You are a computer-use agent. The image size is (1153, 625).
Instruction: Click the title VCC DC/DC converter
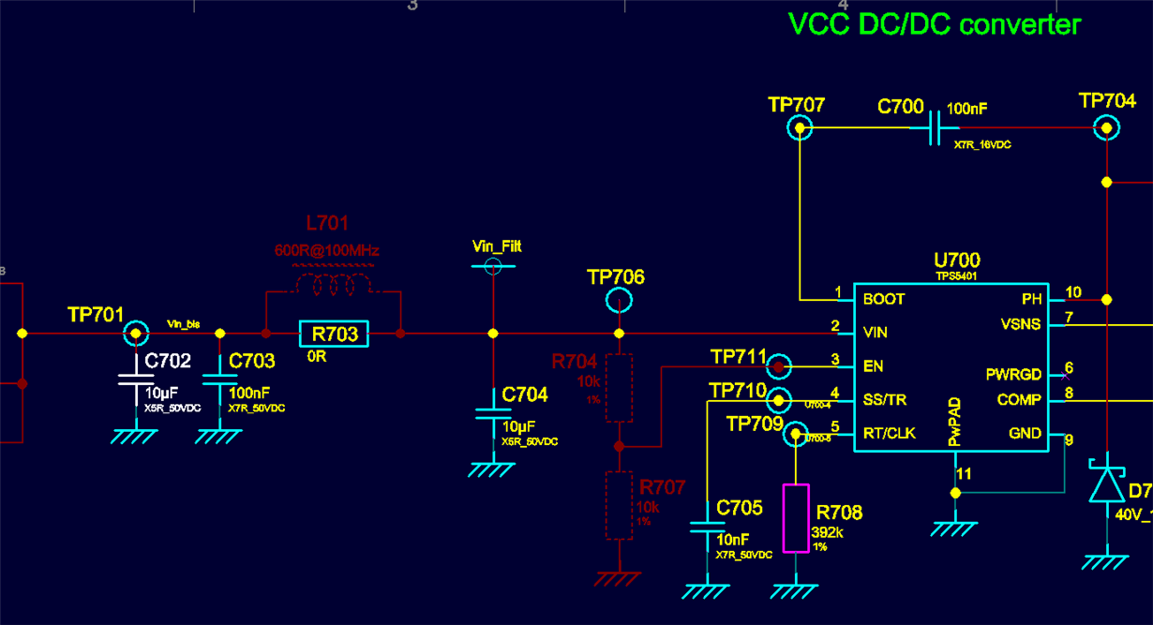click(x=935, y=24)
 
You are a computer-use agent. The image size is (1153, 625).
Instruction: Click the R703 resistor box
click(x=335, y=334)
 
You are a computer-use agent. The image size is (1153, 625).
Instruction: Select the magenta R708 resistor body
click(x=796, y=518)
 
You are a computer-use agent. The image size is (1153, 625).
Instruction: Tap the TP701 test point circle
click(x=136, y=333)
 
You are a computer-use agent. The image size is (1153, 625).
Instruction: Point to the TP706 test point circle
click(x=619, y=300)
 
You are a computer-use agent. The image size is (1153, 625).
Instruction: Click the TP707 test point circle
click(x=799, y=127)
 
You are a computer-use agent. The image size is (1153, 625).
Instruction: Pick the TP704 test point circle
click(x=1107, y=127)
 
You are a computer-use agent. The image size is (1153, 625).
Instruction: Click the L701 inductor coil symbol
click(x=333, y=283)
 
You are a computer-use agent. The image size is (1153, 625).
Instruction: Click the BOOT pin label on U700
click(x=884, y=299)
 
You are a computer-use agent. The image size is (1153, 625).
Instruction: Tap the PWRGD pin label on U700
click(x=1013, y=374)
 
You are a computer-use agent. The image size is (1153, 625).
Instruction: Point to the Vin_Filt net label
click(x=497, y=246)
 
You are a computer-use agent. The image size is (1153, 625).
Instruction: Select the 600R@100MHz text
click(x=326, y=251)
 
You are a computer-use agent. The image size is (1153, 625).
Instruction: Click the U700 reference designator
click(x=956, y=260)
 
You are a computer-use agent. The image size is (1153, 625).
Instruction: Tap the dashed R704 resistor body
click(x=619, y=387)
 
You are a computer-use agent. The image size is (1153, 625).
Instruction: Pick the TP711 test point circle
click(x=778, y=366)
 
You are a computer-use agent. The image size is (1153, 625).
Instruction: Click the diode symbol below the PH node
click(x=1107, y=482)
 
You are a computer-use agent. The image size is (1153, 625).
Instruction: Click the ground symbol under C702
click(x=136, y=436)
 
